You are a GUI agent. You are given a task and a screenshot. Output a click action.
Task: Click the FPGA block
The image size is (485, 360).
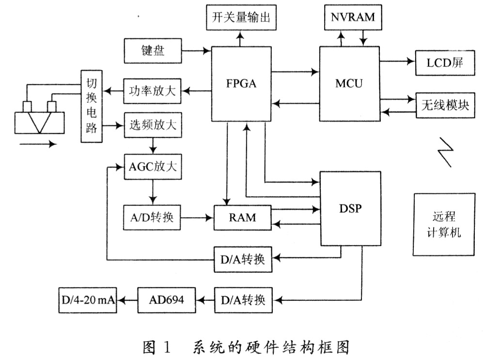tap(241, 84)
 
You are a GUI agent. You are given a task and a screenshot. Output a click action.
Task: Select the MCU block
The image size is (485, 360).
tap(349, 84)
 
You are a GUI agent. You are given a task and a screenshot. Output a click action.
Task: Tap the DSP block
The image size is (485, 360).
tap(350, 209)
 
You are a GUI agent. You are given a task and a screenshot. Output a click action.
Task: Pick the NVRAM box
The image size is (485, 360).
tap(353, 17)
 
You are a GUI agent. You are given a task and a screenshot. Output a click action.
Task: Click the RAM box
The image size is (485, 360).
tap(242, 218)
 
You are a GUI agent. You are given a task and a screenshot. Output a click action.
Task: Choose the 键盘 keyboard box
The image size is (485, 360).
tap(153, 51)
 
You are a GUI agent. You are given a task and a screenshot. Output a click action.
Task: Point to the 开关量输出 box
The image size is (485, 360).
tap(241, 17)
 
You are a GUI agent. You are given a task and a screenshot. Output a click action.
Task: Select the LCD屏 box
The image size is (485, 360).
tap(445, 63)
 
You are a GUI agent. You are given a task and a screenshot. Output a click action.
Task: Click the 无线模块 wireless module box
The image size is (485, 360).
tap(445, 105)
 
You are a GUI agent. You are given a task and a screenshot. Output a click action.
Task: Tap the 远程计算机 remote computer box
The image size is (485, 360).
tap(444, 224)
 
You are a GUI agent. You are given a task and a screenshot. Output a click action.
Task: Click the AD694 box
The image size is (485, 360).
tap(166, 300)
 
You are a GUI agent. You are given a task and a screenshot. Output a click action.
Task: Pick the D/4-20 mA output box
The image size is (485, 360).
tap(88, 300)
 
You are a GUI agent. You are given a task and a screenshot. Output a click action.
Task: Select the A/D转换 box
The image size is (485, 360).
tap(152, 218)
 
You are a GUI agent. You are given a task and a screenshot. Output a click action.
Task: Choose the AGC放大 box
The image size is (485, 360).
tap(153, 167)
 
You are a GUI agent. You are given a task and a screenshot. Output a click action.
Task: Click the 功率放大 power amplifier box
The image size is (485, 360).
tap(152, 91)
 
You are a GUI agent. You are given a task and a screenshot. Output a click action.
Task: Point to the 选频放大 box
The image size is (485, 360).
tap(153, 125)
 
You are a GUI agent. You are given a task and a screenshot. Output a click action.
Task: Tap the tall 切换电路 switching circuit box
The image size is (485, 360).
tap(92, 106)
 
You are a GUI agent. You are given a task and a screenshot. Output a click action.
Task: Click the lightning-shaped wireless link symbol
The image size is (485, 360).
tap(446, 152)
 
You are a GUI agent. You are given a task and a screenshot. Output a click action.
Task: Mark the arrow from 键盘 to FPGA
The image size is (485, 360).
tap(196, 51)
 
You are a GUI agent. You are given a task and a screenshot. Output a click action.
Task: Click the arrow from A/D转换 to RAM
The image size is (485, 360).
tap(197, 218)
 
